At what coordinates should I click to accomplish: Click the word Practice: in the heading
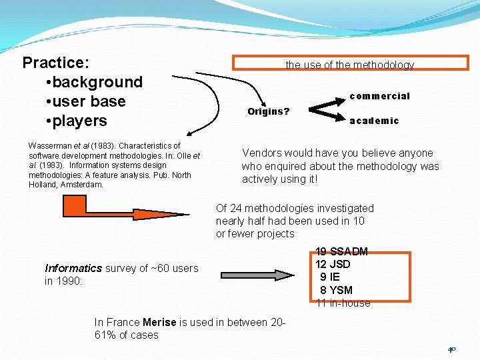(56, 63)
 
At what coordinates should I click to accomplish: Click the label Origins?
(268, 111)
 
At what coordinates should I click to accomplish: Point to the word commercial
(379, 96)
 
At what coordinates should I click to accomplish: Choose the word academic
(374, 121)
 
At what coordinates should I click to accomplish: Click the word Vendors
(261, 153)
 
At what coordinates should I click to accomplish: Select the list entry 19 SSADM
(341, 252)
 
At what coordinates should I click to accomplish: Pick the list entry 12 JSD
(333, 264)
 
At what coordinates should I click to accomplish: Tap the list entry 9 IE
(330, 277)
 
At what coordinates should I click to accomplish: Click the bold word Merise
(159, 322)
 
